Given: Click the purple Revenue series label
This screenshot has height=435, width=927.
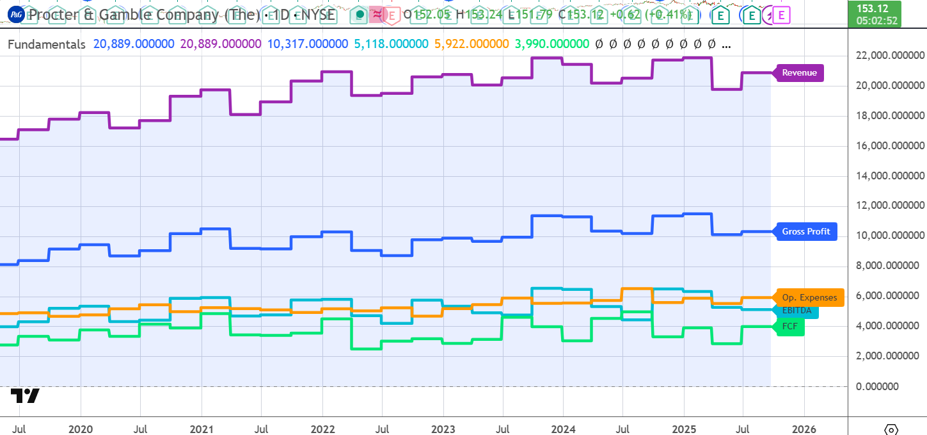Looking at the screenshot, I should point(799,72).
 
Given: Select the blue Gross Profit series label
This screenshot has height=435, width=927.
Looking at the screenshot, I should point(805,231).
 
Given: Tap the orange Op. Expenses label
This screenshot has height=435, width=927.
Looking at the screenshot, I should point(809,297).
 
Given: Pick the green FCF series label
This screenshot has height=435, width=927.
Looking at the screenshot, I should point(790,326).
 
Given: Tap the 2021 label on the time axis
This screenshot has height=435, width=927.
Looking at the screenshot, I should point(202,429).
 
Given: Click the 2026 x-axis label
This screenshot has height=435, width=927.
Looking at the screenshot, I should point(804,429).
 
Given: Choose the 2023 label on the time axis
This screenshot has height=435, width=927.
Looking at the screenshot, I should point(443,429).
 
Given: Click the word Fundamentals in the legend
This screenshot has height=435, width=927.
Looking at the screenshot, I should point(47,44).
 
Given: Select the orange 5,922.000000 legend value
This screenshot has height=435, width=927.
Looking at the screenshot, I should point(471,44).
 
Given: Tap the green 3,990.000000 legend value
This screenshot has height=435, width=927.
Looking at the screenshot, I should point(551,44).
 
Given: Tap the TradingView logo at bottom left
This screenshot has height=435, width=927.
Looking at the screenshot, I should point(25,396).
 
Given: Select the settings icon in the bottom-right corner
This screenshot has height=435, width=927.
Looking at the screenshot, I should point(891,429).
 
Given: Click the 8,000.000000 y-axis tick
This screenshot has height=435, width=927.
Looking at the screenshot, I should point(889,266).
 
